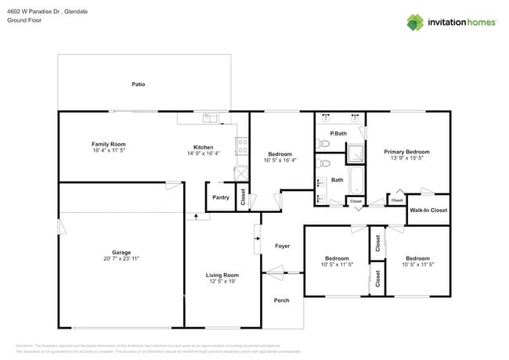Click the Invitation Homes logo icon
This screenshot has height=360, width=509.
click(x=415, y=22)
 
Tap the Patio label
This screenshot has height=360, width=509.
click(x=138, y=84)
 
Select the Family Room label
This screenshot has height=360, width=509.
click(x=109, y=144)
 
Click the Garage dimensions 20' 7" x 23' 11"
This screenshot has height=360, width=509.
click(x=121, y=258)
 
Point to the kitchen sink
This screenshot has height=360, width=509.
click(x=210, y=118)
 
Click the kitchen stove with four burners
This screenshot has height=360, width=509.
click(x=242, y=146)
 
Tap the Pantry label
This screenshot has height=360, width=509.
click(x=221, y=197)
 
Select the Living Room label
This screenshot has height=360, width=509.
click(x=222, y=275)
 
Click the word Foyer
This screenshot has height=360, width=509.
click(x=282, y=246)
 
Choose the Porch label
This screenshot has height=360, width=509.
click(x=281, y=301)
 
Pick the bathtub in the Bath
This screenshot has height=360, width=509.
click(x=356, y=181)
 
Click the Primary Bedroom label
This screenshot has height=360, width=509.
click(x=406, y=151)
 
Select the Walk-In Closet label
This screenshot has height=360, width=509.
click(x=428, y=211)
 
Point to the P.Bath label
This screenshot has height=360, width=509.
click(x=338, y=133)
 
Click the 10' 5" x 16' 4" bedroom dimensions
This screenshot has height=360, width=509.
click(x=280, y=160)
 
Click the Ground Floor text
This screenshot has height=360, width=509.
click(x=23, y=21)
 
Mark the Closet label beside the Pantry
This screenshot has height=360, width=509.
click(x=243, y=197)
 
